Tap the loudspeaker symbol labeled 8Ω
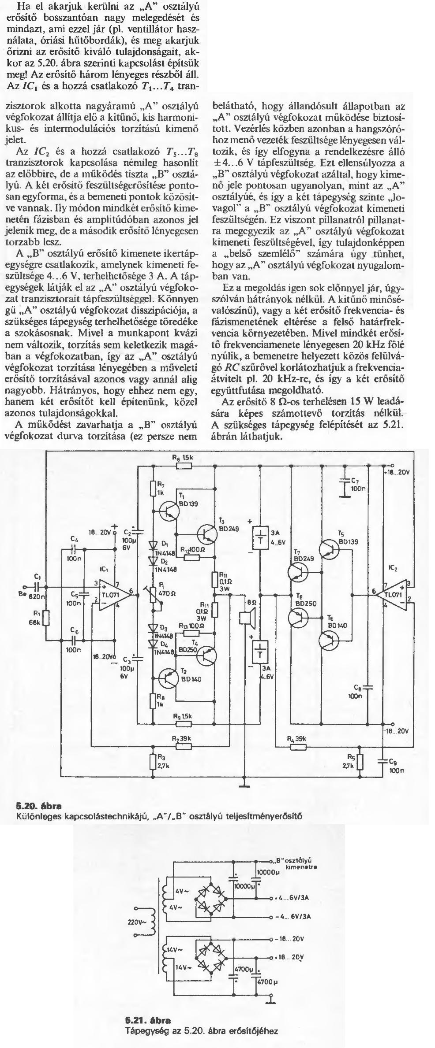(247, 617)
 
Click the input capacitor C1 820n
(37, 587)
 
